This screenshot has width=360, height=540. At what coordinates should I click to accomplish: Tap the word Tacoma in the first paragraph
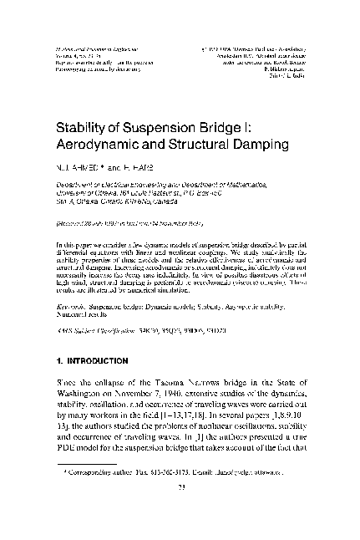(x=167, y=382)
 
